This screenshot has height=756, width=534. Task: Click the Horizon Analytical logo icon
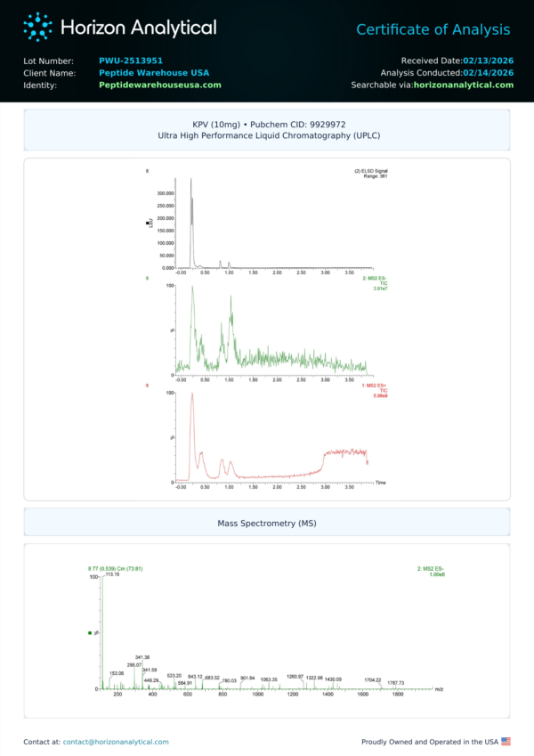click(37, 27)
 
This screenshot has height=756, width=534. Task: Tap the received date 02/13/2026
click(487, 60)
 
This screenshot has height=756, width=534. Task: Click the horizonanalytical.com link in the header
click(464, 85)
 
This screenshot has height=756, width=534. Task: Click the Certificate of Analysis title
click(433, 30)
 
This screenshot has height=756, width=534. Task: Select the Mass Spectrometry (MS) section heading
click(267, 523)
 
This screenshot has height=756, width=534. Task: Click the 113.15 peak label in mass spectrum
click(112, 574)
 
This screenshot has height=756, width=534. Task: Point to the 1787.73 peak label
click(396, 683)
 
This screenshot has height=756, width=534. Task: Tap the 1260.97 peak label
click(295, 677)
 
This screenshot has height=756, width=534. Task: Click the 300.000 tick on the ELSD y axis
click(165, 192)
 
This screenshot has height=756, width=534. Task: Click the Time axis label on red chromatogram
click(380, 482)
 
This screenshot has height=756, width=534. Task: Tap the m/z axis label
click(439, 689)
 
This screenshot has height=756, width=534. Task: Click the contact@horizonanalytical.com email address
click(116, 741)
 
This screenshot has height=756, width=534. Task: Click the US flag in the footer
click(506, 741)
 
